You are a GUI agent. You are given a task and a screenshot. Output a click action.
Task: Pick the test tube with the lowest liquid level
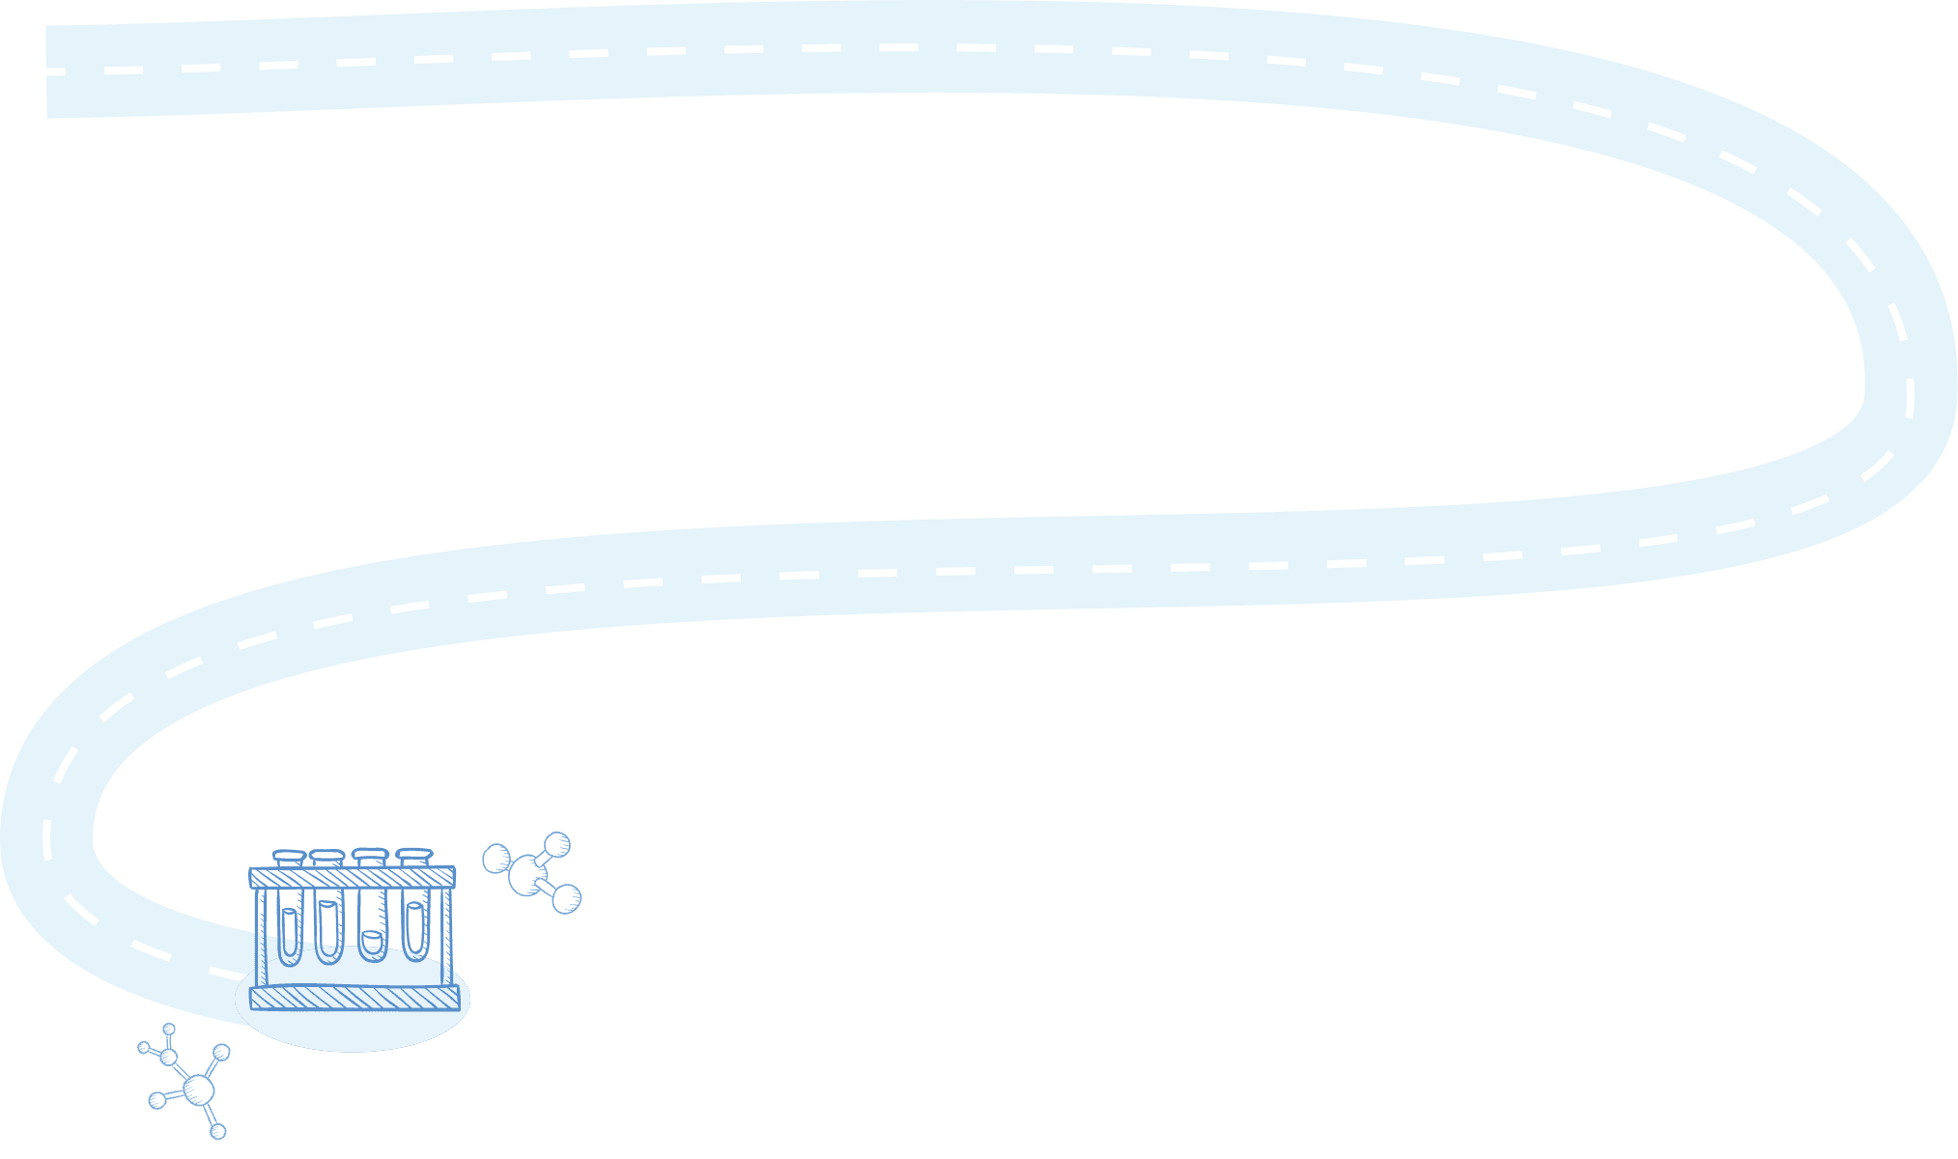click(x=373, y=942)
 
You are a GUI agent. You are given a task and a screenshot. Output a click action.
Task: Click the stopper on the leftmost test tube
click(x=289, y=857)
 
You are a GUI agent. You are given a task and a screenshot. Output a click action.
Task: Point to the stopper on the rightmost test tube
click(x=413, y=855)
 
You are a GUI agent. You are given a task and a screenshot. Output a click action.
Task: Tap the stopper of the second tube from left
click(x=326, y=857)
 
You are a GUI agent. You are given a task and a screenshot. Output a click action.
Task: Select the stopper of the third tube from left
click(x=370, y=855)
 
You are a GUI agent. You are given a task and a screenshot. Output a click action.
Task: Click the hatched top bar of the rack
click(x=352, y=878)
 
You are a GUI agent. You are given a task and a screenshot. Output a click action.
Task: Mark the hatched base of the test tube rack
click(x=354, y=999)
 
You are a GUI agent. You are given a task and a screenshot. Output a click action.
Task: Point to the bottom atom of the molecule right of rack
click(x=566, y=898)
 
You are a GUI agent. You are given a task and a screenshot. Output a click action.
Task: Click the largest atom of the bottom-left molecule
click(x=198, y=1090)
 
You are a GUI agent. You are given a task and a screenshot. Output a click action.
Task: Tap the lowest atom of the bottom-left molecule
click(x=218, y=1130)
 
